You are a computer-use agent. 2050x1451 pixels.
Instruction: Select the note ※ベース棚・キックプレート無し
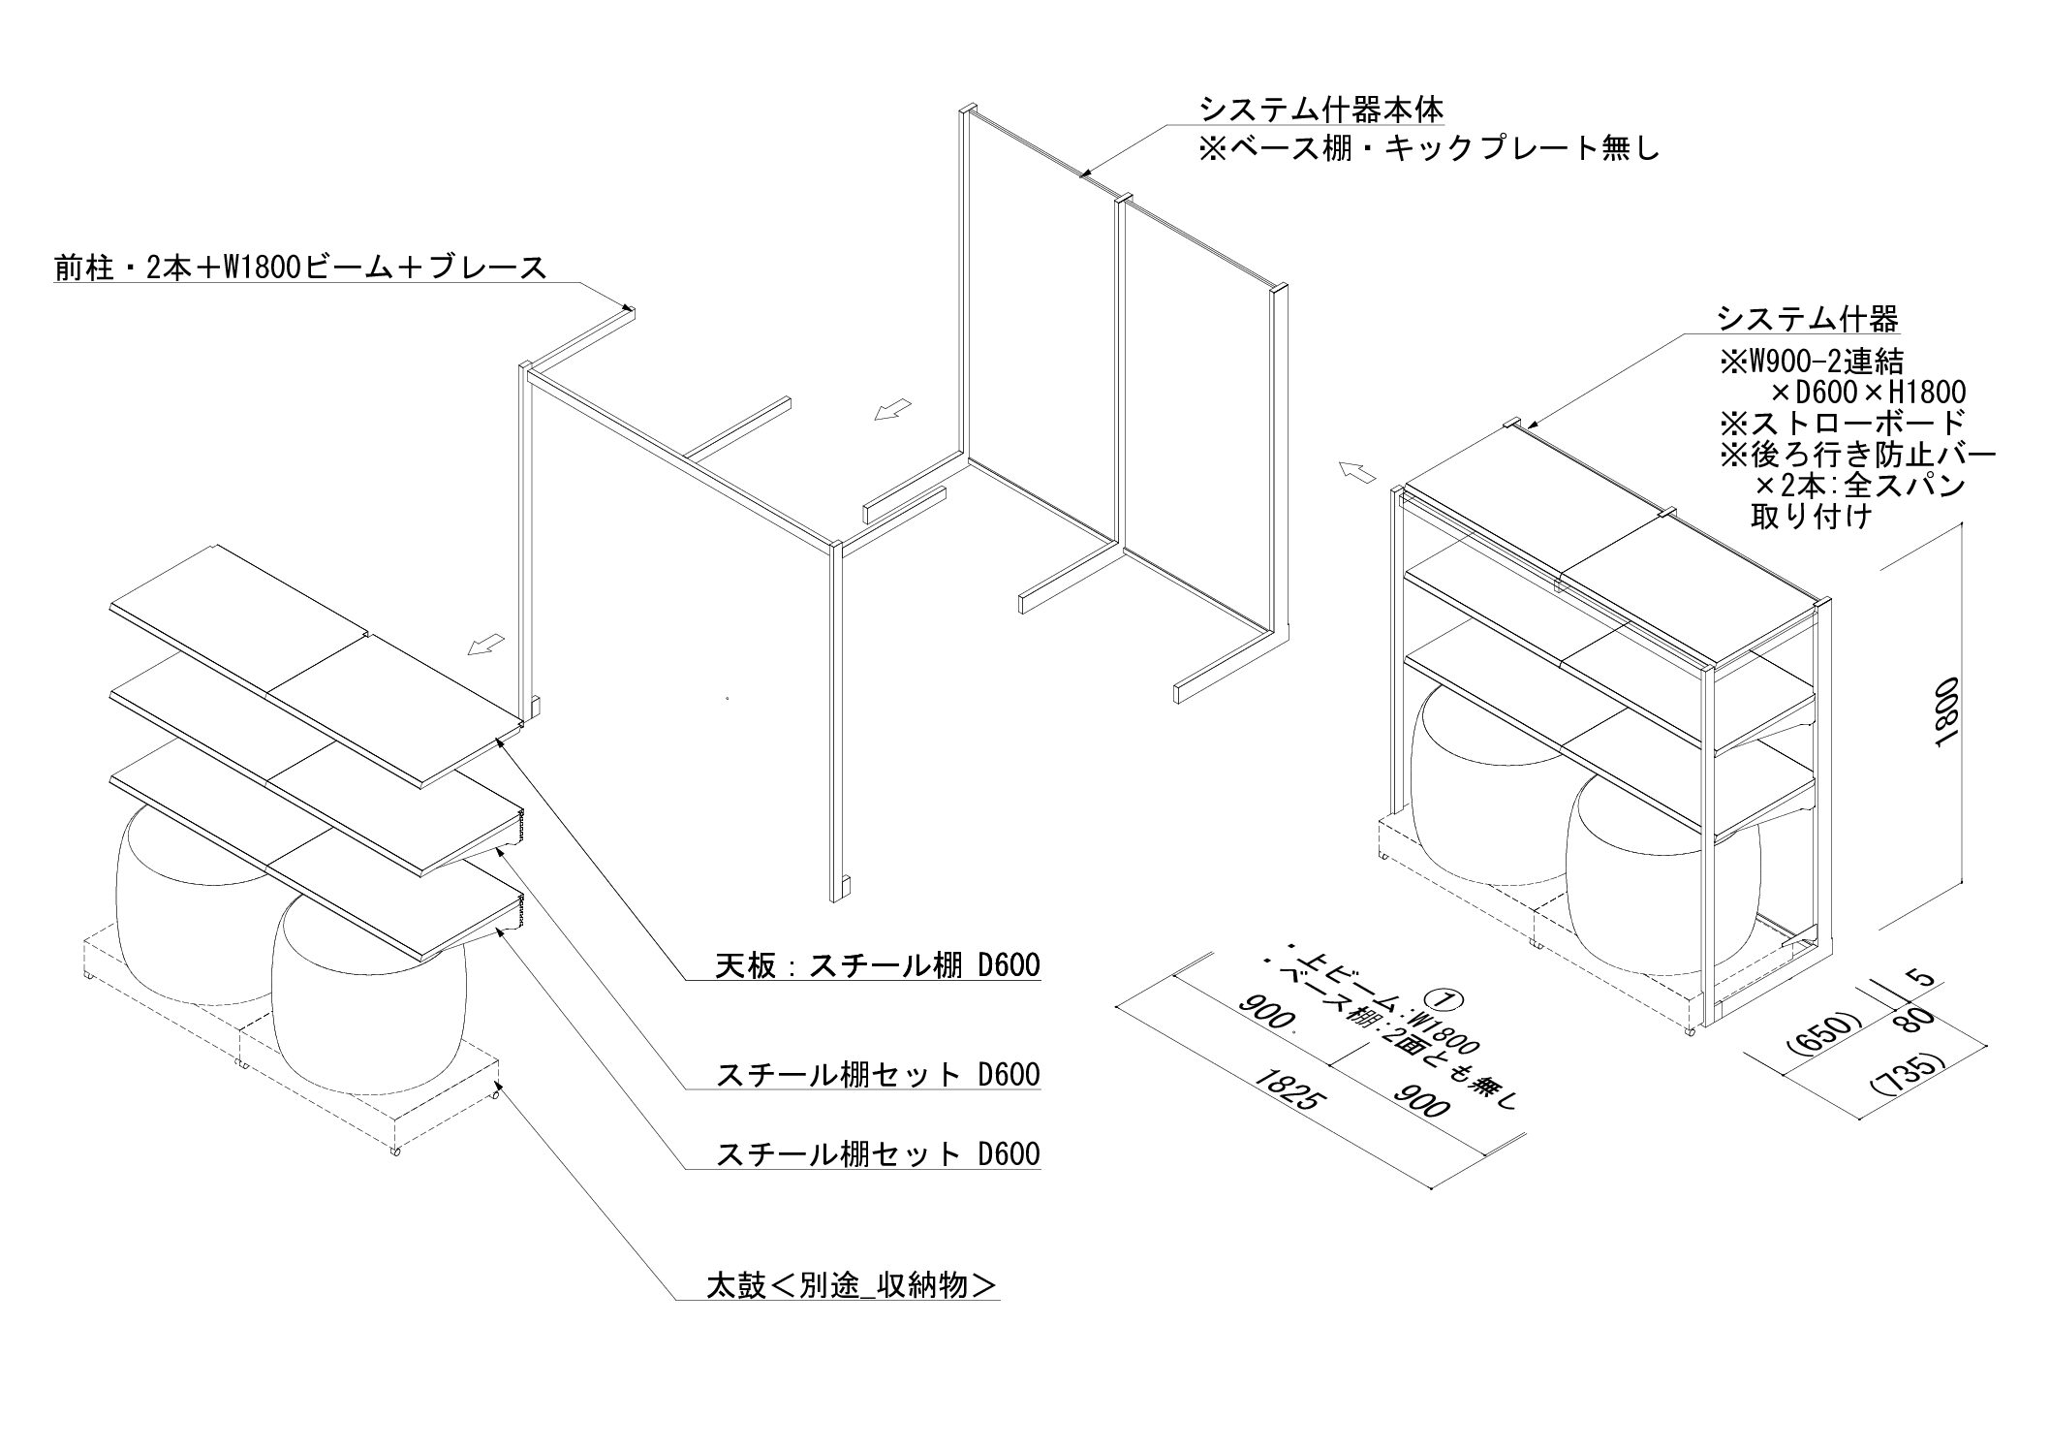(x=1429, y=150)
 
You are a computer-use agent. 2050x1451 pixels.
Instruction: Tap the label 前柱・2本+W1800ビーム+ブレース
(x=300, y=267)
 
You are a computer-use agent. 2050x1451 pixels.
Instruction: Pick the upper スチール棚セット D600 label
(x=877, y=1074)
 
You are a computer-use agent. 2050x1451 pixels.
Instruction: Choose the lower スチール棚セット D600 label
(x=877, y=1153)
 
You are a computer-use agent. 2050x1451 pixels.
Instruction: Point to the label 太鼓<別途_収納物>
(x=851, y=1285)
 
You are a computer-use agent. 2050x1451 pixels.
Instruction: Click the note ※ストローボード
(x=1842, y=422)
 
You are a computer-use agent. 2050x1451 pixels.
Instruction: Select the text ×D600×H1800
(x=1868, y=392)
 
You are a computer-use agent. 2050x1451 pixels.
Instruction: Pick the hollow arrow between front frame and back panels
(x=892, y=410)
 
